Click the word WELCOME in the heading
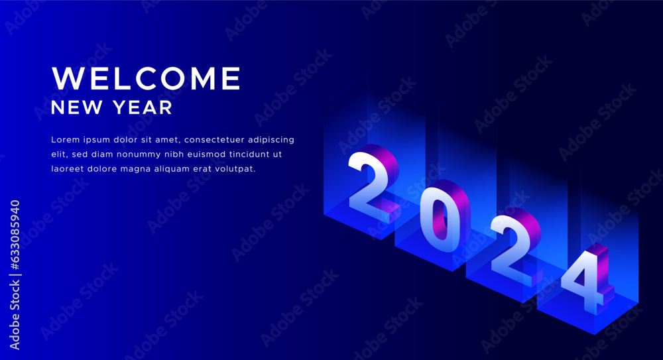coord(147,78)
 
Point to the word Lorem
coord(65,140)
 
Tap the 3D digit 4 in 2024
coord(587,279)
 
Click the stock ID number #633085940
coord(15,235)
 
